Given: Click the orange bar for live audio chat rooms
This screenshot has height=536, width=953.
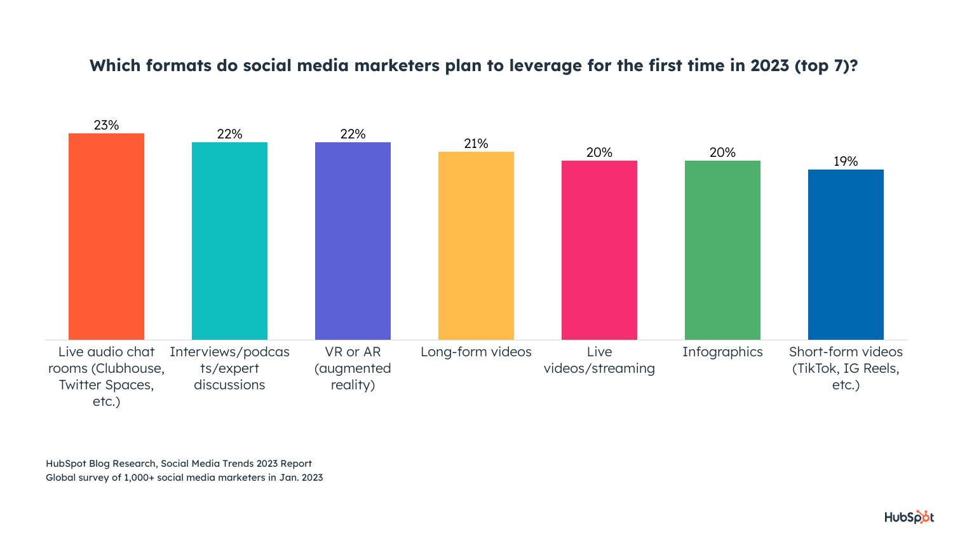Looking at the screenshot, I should point(106,236).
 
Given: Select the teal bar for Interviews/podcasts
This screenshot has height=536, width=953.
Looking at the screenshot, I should point(229,241).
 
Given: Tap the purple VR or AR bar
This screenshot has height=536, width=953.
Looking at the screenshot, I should point(353,241).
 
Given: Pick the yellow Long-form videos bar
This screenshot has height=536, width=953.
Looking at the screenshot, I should point(476,245).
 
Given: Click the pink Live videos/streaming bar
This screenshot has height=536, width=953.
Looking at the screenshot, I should point(599,250).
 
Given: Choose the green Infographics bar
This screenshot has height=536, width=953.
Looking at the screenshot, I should point(722,250).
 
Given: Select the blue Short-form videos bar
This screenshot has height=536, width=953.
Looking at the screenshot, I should point(846,254).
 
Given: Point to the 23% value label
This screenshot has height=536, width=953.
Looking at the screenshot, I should point(106,125).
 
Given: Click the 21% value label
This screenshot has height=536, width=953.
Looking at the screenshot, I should point(476,144).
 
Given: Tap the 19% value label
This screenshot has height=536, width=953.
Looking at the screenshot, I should point(846,161).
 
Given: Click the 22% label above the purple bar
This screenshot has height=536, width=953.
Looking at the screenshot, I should point(353,134).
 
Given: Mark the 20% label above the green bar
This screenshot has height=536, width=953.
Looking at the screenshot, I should point(722,152).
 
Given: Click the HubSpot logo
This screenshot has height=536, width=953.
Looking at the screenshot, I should point(909,518).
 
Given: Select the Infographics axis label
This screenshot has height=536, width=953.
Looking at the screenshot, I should point(722,352).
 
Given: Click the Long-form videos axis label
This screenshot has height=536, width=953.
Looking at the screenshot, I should point(476,352).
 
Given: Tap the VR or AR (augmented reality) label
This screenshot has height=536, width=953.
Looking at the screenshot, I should point(353,368).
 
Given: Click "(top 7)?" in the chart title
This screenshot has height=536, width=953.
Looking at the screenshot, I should point(826,66).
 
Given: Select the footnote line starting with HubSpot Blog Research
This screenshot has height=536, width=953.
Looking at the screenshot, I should point(179,464).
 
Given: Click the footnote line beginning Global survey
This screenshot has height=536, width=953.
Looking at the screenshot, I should point(184,478).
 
